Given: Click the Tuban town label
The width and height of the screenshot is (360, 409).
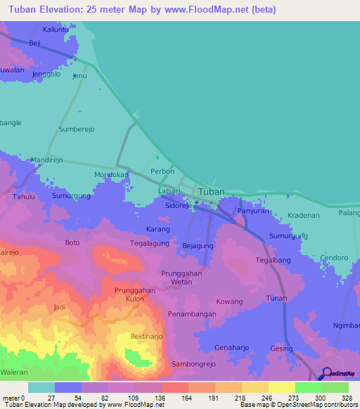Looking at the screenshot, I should point(212,191).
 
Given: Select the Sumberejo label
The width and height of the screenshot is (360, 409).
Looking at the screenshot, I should point(77,130).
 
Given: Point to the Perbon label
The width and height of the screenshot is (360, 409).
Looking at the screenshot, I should point(162,171).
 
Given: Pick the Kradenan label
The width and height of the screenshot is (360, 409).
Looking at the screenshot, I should point(304,215).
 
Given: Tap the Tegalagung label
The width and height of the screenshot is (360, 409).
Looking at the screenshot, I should point(150,244).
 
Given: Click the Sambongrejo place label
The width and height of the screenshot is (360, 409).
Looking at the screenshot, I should point(194,365).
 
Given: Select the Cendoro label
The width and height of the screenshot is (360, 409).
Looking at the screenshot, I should point(335,258).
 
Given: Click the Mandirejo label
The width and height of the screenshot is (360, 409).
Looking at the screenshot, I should point(47,160).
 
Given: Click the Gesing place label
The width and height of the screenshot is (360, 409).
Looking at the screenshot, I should point(281,349).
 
